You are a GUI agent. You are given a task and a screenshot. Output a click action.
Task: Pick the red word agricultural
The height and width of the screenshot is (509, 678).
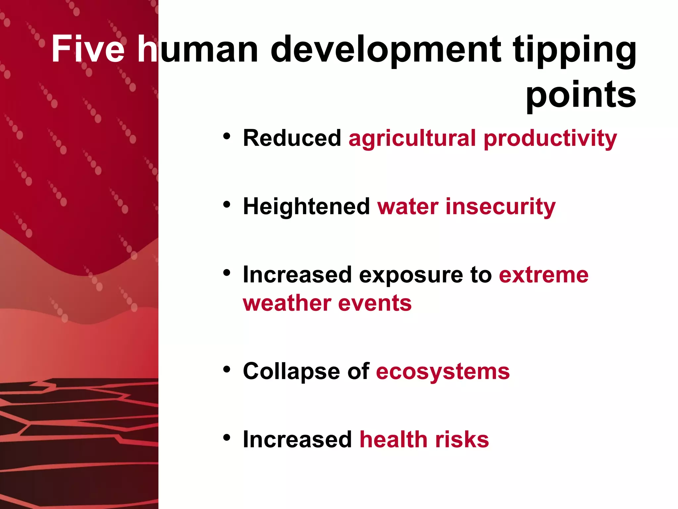412,139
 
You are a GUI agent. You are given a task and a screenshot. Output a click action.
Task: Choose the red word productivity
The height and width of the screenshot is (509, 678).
550,139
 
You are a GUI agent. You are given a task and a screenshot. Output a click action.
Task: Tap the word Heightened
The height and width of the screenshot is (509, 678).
307,206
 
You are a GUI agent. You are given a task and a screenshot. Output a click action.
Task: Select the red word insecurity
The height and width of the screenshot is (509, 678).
501,206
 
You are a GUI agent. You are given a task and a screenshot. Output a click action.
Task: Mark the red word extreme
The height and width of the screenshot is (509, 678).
544,275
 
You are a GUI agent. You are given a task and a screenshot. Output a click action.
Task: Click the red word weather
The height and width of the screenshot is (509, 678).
287,303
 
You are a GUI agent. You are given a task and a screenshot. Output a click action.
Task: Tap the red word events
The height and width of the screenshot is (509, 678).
375,303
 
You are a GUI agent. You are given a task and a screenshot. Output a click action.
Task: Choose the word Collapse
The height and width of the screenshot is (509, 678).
291,371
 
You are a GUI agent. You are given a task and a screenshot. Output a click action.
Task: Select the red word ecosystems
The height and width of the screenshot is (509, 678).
443,371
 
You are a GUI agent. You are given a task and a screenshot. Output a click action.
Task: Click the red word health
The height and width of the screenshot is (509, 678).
394,440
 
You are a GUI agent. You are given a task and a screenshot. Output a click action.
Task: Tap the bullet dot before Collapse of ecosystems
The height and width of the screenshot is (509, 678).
226,369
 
